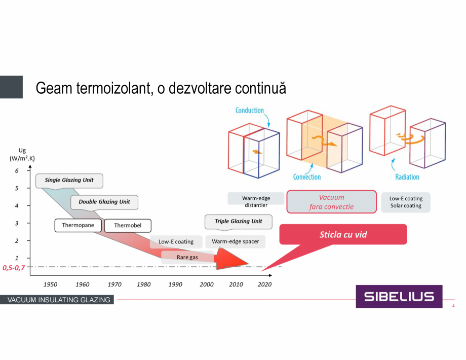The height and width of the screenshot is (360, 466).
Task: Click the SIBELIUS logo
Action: tap(399, 297)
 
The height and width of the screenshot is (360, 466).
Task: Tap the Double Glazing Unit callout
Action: tap(104, 202)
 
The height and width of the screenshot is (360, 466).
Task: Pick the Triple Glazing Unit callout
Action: tap(238, 222)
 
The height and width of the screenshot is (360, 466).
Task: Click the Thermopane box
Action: tap(78, 226)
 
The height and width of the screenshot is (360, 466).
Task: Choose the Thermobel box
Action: tap(128, 226)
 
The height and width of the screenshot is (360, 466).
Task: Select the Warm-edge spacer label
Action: tap(235, 241)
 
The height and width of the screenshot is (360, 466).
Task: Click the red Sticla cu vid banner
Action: tap(343, 235)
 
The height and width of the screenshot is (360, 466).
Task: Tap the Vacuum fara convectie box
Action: tap(332, 202)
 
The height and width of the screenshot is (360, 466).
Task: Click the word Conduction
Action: tap(250, 111)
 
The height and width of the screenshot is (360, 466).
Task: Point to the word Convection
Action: tap(307, 177)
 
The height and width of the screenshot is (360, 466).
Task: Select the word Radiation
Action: tap(407, 177)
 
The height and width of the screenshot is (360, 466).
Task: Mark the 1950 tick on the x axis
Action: tap(50, 284)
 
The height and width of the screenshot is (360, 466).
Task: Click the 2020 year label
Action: tap(264, 284)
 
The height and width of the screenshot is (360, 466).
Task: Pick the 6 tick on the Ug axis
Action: tap(16, 171)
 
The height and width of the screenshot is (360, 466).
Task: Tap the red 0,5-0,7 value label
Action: tap(13, 267)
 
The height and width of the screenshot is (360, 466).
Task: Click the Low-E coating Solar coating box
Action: tap(406, 202)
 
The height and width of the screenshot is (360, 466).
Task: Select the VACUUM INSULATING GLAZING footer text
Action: tap(58, 300)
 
